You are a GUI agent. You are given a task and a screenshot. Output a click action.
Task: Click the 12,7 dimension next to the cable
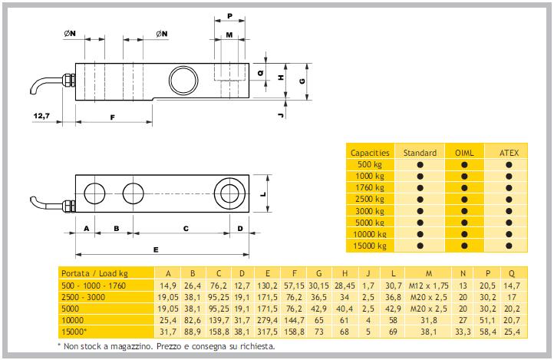click(x=42, y=116)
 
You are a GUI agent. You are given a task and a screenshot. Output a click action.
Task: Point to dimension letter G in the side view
click(x=302, y=81)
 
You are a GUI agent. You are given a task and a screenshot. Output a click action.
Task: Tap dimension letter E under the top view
click(x=156, y=249)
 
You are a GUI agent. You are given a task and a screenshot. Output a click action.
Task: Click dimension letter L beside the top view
click(x=262, y=194)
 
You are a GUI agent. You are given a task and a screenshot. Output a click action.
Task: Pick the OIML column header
click(x=464, y=152)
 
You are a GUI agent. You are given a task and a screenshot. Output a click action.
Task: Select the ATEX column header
click(x=509, y=152)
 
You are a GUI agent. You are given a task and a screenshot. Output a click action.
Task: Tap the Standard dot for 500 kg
click(x=420, y=164)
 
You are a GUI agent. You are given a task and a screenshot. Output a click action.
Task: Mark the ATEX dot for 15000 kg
click(x=509, y=245)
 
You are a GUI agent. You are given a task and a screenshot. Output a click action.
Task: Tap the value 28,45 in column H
click(x=347, y=286)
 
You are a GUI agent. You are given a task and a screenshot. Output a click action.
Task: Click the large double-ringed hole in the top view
click(x=229, y=192)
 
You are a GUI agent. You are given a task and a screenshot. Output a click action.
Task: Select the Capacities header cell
click(x=370, y=152)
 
